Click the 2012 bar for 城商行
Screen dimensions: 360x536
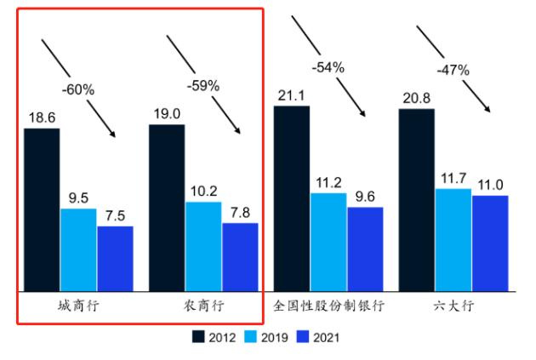[42, 209]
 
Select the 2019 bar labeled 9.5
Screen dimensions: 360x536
[78, 249]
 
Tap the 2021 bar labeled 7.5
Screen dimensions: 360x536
[115, 258]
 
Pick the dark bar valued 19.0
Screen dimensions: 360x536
[167, 208]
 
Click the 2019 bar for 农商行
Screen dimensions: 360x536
[203, 246]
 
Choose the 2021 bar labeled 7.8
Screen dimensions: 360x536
[240, 256]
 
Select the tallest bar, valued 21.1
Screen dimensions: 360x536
[292, 198]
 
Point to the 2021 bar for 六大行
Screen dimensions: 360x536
[490, 243]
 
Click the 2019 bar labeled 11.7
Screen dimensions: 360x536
[453, 239]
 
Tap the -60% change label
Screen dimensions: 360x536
[77, 87]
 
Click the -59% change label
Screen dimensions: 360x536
[202, 85]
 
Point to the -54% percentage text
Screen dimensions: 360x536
[328, 67]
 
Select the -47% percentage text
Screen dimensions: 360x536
[453, 70]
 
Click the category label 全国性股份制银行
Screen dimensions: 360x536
[328, 305]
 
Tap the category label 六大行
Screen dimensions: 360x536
[453, 305]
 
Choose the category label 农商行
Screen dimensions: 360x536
[203, 305]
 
